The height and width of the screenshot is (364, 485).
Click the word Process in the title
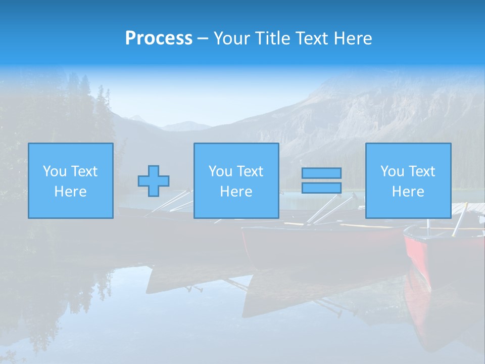(159, 38)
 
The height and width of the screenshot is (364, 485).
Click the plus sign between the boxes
(154, 181)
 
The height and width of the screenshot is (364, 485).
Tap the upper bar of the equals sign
(321, 173)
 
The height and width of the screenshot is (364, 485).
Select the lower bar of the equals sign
(321, 188)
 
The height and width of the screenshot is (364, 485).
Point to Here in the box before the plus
(71, 192)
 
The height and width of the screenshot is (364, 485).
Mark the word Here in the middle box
(236, 192)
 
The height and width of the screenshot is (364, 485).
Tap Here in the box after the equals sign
(408, 192)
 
